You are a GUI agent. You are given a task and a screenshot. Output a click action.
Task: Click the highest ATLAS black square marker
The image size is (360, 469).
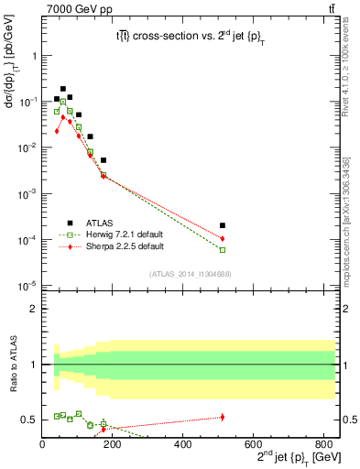(x=63, y=89)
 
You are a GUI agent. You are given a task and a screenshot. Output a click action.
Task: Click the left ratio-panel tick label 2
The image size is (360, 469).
(x=34, y=309)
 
